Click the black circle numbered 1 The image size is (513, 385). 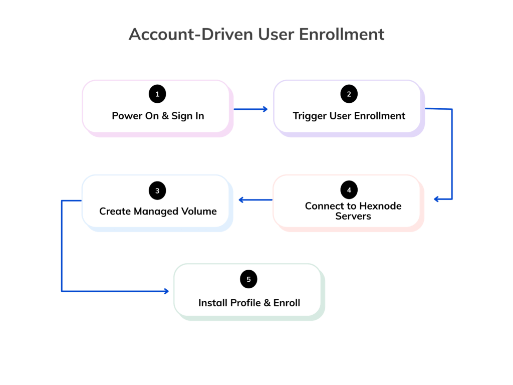157,94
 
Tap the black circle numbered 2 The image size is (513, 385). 349,94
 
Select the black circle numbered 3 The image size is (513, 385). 157,190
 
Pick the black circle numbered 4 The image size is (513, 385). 349,190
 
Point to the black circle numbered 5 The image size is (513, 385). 248,279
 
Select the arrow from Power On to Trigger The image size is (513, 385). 251,109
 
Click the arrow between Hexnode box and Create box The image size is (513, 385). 255,200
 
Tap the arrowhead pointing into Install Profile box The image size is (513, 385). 166,291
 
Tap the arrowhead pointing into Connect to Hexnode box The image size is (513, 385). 436,199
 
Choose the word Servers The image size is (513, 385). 353,217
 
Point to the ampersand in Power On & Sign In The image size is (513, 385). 165,116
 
